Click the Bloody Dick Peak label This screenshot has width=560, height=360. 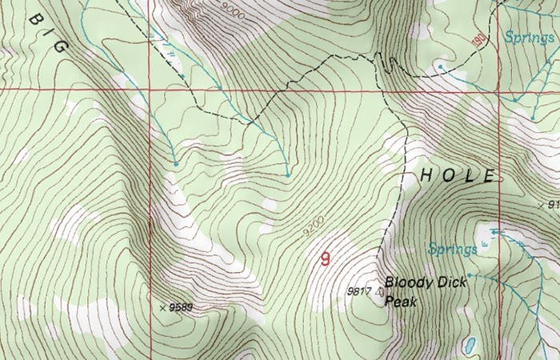(x=425, y=291)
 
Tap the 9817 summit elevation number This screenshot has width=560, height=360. (x=359, y=292)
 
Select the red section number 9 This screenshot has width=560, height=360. (x=325, y=258)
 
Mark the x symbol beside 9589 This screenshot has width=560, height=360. (x=163, y=306)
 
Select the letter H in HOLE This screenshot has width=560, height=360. (x=427, y=174)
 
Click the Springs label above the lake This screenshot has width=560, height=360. (x=453, y=249)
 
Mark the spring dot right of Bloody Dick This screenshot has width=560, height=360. (x=470, y=274)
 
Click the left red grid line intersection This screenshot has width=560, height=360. (x=151, y=89)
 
